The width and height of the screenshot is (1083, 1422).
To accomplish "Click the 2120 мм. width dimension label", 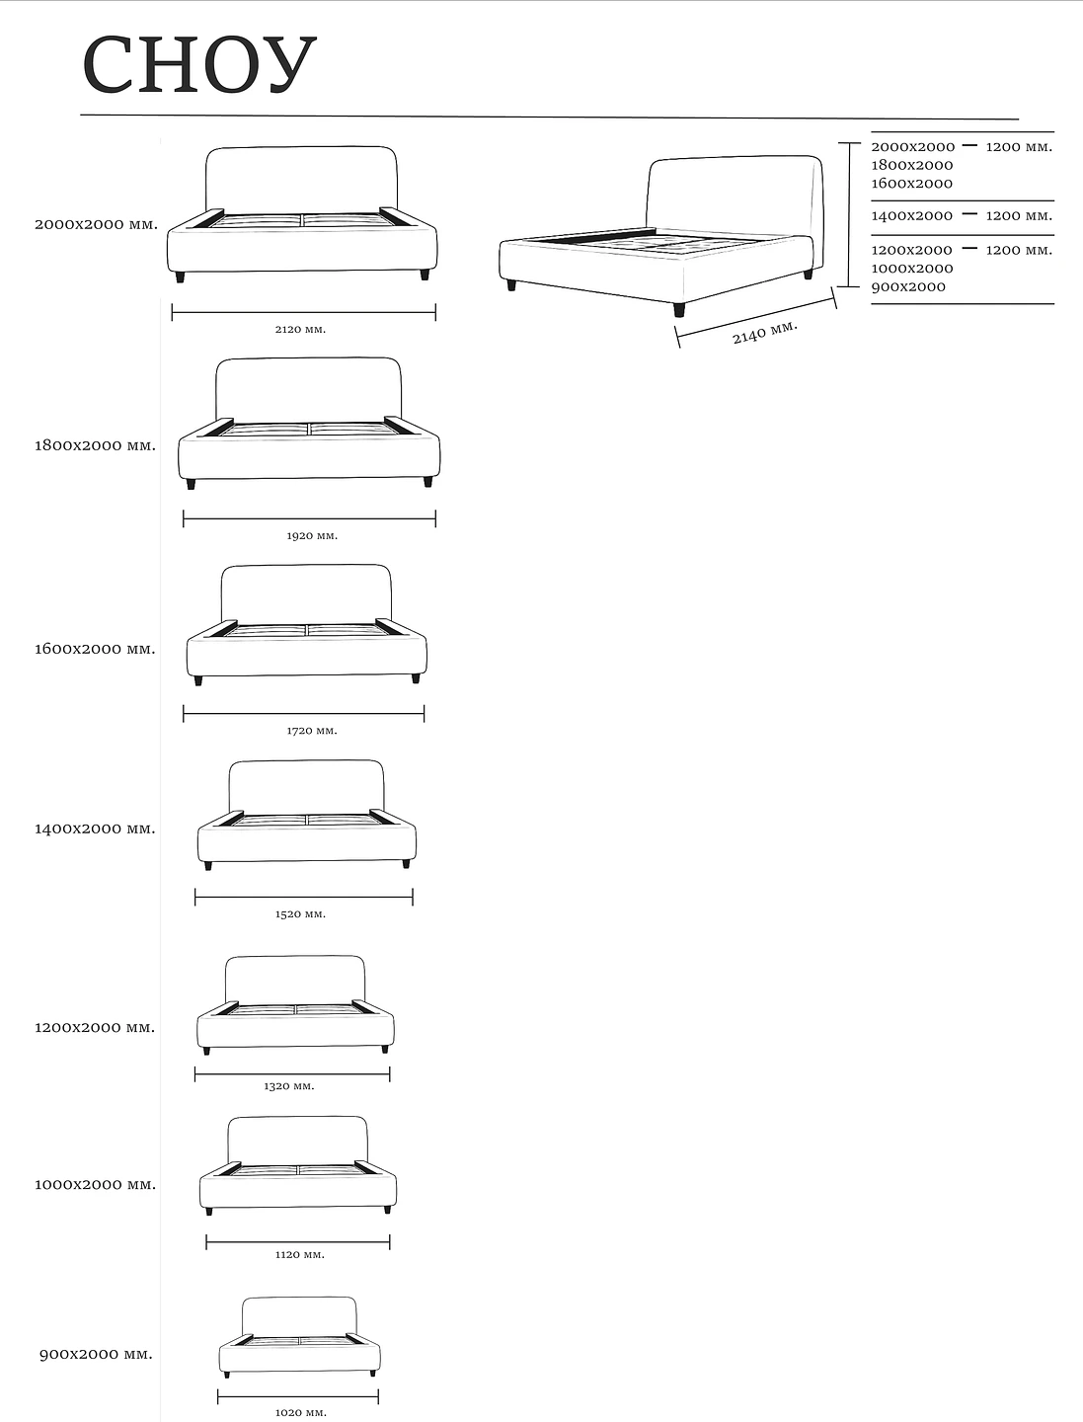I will click(x=300, y=329).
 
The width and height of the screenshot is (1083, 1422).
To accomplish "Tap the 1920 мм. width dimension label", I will click(x=312, y=536).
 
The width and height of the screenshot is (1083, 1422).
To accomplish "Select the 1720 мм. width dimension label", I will click(x=312, y=731).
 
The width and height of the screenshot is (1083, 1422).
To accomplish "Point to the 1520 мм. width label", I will click(x=300, y=914).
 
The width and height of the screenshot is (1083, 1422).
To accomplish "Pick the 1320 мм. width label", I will click(x=289, y=1086).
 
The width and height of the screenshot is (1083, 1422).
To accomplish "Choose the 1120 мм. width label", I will click(x=299, y=1255).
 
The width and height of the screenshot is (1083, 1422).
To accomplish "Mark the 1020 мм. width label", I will click(x=300, y=1413).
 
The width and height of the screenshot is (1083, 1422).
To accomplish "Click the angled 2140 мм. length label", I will click(x=764, y=333).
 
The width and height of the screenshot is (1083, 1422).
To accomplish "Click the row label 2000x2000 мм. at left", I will click(x=96, y=224).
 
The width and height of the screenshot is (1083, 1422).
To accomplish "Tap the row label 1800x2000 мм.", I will click(x=96, y=445).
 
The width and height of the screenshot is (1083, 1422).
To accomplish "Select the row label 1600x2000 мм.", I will click(x=96, y=649).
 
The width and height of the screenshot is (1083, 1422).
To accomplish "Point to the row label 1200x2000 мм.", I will click(x=95, y=1027).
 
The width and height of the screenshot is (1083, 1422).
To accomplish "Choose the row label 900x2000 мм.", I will click(x=96, y=1354).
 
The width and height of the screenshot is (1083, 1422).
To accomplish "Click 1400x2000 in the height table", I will click(x=911, y=215).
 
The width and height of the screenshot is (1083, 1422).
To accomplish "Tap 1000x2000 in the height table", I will click(x=911, y=269).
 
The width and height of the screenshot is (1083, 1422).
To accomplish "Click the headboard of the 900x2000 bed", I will click(x=299, y=1315).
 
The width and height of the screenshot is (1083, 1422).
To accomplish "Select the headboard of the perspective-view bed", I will click(x=733, y=193).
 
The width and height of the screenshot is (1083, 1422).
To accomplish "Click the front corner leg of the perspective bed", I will click(x=679, y=310).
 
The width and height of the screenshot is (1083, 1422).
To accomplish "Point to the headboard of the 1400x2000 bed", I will click(x=306, y=786).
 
